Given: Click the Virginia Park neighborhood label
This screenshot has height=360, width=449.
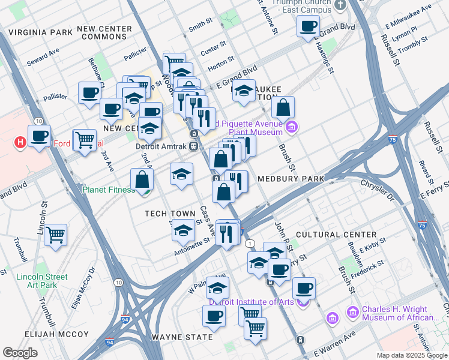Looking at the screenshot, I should click(37, 32).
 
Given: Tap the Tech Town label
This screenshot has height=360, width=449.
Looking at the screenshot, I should click(170, 214).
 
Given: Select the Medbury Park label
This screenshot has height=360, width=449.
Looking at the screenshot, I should click(291, 179).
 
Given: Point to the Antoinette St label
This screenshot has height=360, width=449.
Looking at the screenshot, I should click(192, 239).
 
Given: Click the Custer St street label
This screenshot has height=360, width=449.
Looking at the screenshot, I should click(213, 48).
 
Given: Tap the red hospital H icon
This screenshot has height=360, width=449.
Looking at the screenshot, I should click(20, 143).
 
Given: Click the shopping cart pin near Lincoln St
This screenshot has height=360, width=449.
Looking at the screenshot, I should click(55, 235).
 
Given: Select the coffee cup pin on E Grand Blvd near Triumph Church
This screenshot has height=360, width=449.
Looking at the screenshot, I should click(308, 26).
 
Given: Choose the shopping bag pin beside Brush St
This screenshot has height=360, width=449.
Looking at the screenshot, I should click(283, 108).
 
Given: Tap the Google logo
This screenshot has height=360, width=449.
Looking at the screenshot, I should click(20, 353).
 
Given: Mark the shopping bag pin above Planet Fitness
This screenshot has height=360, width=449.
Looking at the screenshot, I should click(142, 179).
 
